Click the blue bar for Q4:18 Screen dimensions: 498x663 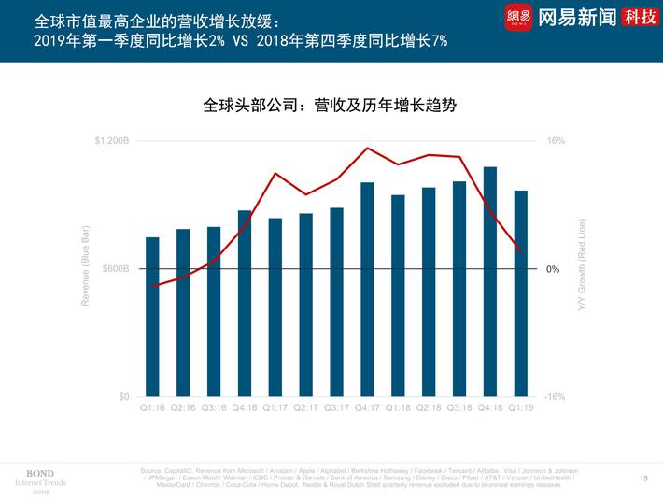tap(489, 281)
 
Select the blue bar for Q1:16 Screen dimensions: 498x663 tap(152, 317)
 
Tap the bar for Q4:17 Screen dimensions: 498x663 tap(367, 290)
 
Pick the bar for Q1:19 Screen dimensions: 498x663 tap(520, 293)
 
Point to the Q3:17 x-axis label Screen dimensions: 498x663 tap(336, 408)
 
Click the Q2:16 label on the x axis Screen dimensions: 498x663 tap(183, 408)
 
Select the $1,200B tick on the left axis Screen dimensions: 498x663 tap(113, 141)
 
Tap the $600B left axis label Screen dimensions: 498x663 tap(116, 269)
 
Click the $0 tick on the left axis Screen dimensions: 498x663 tap(124, 397)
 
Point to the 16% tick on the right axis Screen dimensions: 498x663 tap(555, 141)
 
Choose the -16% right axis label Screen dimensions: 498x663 tap(555, 397)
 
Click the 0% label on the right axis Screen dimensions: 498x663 tap(552, 269)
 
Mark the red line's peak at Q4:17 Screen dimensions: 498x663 tap(368, 148)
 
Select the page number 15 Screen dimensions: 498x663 tap(643, 477)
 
